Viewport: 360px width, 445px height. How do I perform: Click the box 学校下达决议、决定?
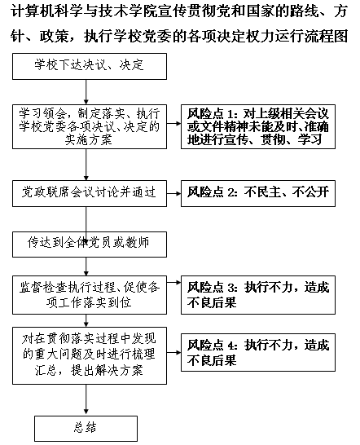90,66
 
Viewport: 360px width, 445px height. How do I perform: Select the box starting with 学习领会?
90,126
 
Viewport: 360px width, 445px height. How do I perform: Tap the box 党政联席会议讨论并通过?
90,193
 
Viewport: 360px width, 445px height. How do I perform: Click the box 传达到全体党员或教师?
90,245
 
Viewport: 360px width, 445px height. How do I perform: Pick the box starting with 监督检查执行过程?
90,295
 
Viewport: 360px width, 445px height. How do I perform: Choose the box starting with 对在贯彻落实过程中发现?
90,355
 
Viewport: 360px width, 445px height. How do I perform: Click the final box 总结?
86,429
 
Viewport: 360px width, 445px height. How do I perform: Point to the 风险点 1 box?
258,126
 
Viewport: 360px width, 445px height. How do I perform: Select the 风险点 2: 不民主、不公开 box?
258,193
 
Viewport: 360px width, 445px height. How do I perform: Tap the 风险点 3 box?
258,295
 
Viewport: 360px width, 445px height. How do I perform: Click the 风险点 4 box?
258,352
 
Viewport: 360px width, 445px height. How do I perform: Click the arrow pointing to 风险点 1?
174,123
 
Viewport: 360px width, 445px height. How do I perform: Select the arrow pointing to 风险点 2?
174,193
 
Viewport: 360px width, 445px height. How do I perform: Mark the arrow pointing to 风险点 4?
174,353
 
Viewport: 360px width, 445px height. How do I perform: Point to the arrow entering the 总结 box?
86,400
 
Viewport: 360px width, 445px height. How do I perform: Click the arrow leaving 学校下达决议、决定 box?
86,92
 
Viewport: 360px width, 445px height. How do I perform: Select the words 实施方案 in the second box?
89,140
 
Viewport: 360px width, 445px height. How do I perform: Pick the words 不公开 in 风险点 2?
311,192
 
